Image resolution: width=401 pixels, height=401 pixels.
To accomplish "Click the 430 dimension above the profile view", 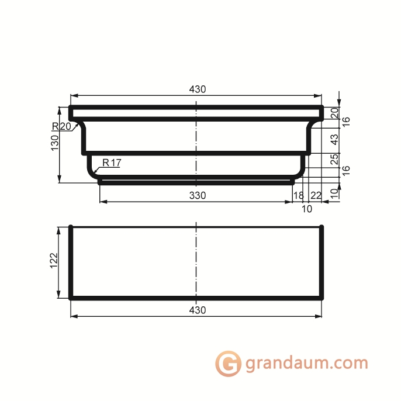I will click(198, 89).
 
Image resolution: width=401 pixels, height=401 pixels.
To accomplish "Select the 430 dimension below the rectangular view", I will click(198, 310).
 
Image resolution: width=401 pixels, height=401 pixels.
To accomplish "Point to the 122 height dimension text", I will click(54, 261).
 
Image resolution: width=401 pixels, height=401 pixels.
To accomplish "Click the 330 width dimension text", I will click(198, 196).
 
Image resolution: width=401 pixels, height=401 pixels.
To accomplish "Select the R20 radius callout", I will click(61, 126).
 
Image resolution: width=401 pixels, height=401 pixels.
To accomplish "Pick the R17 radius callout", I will click(111, 163).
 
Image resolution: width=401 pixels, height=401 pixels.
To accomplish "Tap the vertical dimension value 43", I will click(335, 140).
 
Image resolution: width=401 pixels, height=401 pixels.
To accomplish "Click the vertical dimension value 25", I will click(335, 160).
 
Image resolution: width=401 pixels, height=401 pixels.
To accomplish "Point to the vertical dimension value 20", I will click(335, 113).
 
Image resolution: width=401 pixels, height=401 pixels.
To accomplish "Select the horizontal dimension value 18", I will click(298, 195).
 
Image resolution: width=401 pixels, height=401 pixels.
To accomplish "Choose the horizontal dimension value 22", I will click(316, 195).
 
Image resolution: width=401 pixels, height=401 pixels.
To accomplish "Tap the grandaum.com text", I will click(306, 363).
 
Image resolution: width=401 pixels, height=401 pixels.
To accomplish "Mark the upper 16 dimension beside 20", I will click(346, 122).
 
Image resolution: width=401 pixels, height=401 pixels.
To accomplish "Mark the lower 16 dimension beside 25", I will click(346, 170).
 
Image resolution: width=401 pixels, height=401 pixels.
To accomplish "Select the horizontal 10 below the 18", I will click(306, 208).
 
